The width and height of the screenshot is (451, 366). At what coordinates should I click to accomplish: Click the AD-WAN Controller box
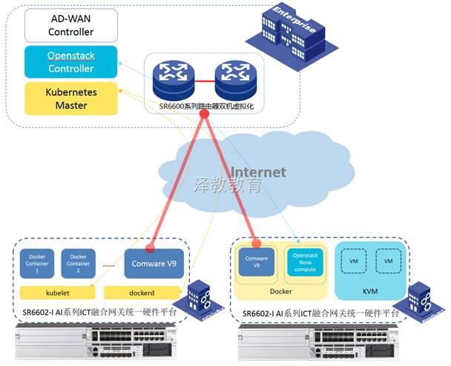tap(70, 25)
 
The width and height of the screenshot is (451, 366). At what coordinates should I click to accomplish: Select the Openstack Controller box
tap(70, 62)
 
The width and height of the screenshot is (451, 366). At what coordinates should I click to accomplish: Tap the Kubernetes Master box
tap(70, 99)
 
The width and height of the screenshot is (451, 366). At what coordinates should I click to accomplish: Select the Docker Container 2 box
tap(79, 261)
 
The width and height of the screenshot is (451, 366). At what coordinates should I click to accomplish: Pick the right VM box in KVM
tap(386, 261)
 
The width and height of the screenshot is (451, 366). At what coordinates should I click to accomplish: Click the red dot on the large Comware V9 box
tap(151, 247)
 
